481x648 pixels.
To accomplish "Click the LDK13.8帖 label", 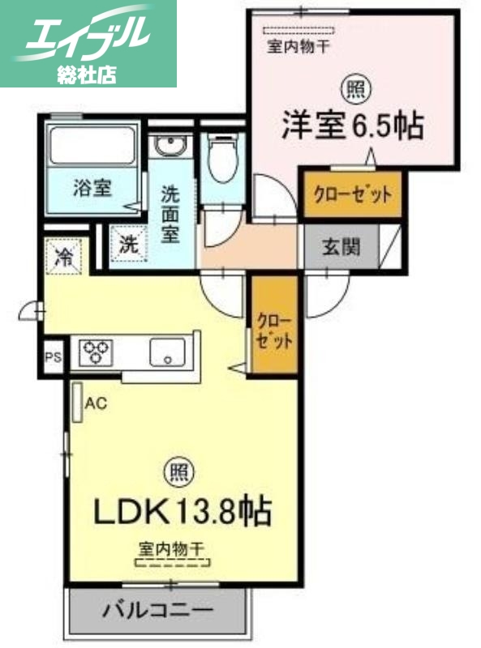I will [x=183, y=511].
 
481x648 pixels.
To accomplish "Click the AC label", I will [x=97, y=402].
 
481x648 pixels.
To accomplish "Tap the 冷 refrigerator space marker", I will [x=62, y=258].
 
